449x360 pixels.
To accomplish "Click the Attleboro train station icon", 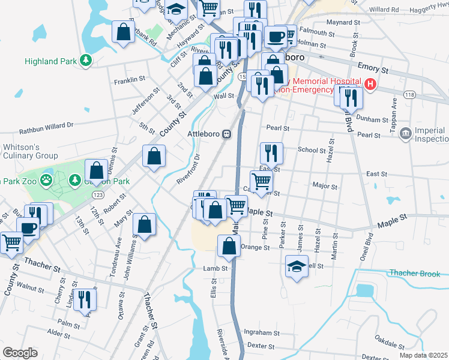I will [227, 134].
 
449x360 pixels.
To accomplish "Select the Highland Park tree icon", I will [86, 61].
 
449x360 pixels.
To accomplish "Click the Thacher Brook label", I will [415, 273].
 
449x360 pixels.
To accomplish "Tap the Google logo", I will [20, 353].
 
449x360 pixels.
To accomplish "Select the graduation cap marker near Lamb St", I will [296, 266].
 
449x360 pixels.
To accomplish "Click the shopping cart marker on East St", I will [261, 181].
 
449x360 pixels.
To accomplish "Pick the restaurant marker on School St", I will [271, 153].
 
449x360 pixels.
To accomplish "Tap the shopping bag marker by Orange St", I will [229, 245].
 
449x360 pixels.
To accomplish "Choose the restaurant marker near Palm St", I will [85, 299].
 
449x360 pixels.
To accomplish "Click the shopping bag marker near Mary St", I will [144, 224].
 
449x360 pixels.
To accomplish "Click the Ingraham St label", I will [258, 332].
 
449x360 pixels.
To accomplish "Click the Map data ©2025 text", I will [423, 355].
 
